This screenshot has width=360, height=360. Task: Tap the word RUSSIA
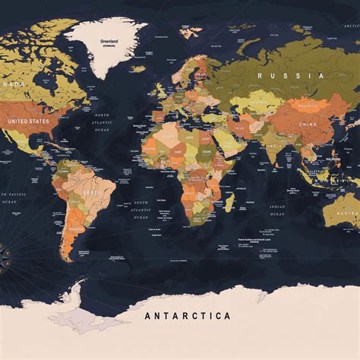[291, 75]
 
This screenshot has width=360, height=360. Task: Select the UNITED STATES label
[29, 119]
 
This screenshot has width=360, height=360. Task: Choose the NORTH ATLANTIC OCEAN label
[101, 122]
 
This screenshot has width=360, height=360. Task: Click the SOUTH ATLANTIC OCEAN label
[141, 206]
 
